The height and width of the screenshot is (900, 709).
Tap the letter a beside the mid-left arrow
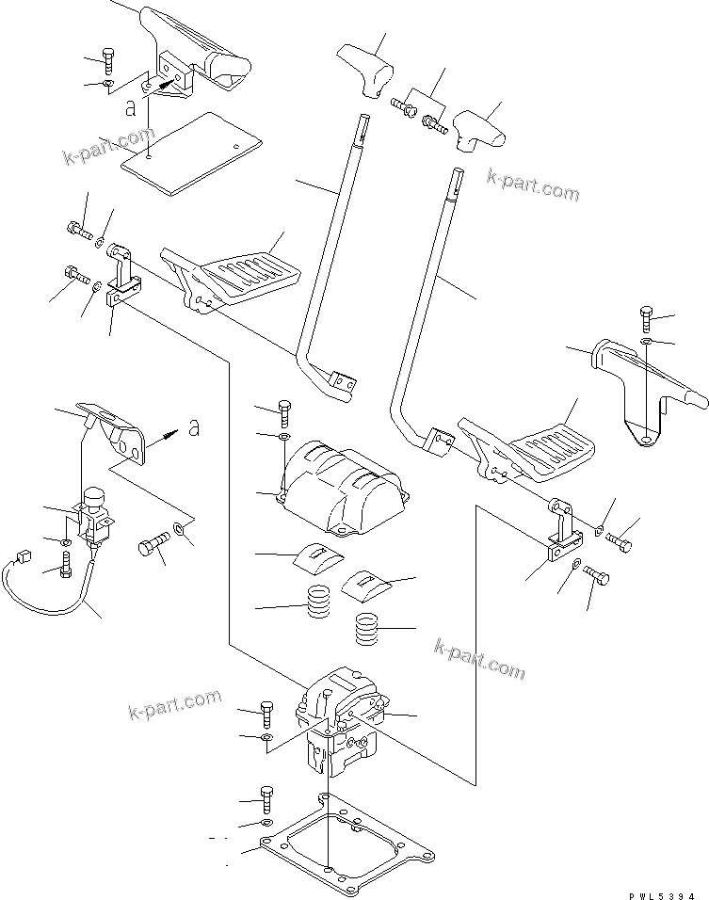click(193, 428)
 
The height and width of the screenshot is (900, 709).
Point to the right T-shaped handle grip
click(478, 129)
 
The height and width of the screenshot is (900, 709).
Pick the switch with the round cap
click(94, 513)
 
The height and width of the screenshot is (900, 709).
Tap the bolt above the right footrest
click(646, 317)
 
